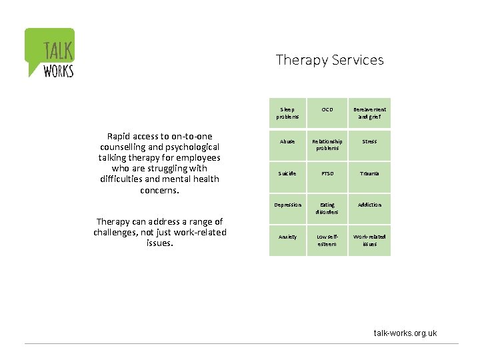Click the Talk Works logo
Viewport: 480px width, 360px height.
tap(50, 53)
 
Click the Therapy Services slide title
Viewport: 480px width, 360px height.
tap(330, 60)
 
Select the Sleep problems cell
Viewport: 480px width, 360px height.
tap(287, 113)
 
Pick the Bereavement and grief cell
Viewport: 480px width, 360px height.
tap(370, 113)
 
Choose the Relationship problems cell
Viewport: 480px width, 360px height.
tap(327, 145)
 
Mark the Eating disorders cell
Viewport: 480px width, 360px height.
tap(327, 208)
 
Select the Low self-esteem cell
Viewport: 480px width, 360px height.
tap(327, 240)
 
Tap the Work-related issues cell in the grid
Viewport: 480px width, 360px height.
tap(370, 240)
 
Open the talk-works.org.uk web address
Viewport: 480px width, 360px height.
tap(405, 333)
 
